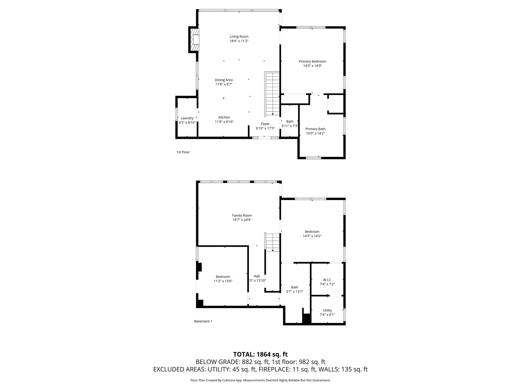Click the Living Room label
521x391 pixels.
pyautogui.click(x=239, y=36)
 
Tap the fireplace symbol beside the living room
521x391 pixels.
pyautogui.click(x=194, y=40)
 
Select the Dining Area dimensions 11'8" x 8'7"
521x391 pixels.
pyautogui.click(x=224, y=84)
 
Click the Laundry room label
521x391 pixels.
pyautogui.click(x=187, y=118)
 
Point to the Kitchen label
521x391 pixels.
pyautogui.click(x=224, y=117)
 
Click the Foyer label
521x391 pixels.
pyautogui.click(x=265, y=124)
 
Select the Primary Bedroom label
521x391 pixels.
pyautogui.click(x=312, y=61)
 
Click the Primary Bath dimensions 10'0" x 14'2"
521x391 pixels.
pyautogui.click(x=315, y=133)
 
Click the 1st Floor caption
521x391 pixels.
pyautogui.click(x=183, y=152)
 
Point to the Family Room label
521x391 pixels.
pyautogui.click(x=242, y=215)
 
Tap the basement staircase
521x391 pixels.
pyautogui.click(x=272, y=242)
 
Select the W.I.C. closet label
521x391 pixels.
pyautogui.click(x=327, y=280)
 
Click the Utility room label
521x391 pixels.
pyautogui.click(x=327, y=310)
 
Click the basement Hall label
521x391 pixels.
pyautogui.click(x=256, y=276)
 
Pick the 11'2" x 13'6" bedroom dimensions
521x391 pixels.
pyautogui.click(x=223, y=281)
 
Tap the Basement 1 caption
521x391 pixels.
pyautogui.click(x=203, y=321)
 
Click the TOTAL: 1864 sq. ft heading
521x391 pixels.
pyautogui.click(x=260, y=354)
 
